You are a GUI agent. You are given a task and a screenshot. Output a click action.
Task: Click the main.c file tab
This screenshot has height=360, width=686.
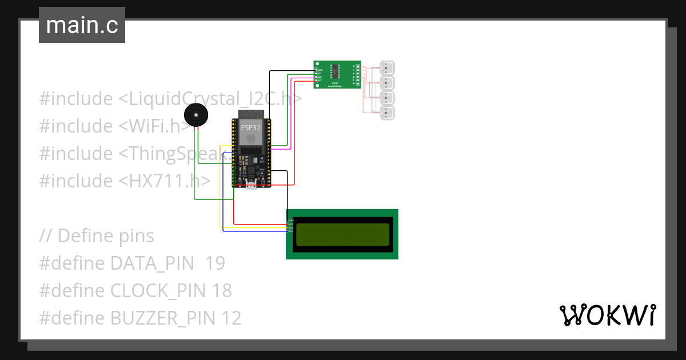(x=82, y=25)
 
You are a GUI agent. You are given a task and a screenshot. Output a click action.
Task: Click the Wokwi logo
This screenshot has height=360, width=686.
(x=607, y=315)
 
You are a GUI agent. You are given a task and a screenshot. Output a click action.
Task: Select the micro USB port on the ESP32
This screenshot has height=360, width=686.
(x=251, y=185)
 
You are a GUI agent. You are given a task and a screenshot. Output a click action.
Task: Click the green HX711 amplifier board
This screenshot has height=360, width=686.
(x=337, y=74)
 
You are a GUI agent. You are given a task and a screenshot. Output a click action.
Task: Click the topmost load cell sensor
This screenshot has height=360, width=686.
(x=388, y=68)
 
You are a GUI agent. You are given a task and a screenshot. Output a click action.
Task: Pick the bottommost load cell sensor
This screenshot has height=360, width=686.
(x=388, y=113)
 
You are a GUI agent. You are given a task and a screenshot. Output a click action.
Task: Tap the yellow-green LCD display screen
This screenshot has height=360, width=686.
(x=342, y=235)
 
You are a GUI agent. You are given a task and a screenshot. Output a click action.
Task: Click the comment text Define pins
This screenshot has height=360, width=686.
(x=106, y=236)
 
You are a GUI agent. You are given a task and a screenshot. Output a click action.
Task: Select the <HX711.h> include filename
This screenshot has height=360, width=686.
(x=165, y=181)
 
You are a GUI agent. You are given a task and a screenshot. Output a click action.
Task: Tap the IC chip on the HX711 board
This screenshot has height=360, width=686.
(x=338, y=71)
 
